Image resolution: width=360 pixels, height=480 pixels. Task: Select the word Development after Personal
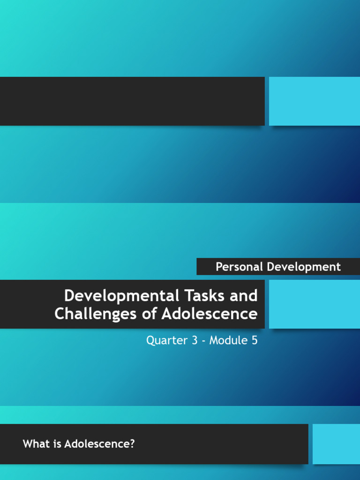point(304,267)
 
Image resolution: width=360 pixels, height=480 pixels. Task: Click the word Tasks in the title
point(206,296)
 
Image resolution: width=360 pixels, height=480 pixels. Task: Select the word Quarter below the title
point(167,340)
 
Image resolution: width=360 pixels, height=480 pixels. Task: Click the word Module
point(227,340)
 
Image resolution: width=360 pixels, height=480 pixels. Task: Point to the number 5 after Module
point(254,340)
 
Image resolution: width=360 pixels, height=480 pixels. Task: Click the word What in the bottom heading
point(35,443)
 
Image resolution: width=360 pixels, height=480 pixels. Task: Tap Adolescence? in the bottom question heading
point(99,443)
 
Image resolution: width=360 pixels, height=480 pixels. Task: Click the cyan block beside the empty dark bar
point(314,101)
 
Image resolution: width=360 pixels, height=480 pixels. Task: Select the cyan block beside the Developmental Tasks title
point(314,304)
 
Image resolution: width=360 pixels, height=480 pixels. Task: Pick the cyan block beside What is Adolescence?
point(336,444)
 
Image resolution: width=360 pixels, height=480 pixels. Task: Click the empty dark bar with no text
point(132,101)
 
